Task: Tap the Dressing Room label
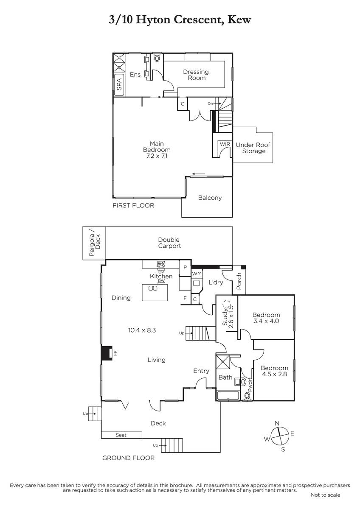click(196, 75)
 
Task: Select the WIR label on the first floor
click(225, 144)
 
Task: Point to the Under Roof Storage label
click(253, 148)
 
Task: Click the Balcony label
click(210, 198)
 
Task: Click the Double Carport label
click(169, 243)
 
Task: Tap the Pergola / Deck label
click(95, 243)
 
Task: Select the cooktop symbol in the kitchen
click(161, 264)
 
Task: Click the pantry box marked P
click(185, 268)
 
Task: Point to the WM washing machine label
click(197, 274)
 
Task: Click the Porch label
click(239, 281)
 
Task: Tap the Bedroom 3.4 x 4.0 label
click(266, 318)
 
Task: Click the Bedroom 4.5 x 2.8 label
click(274, 371)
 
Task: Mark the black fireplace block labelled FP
click(107, 353)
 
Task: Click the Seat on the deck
click(121, 435)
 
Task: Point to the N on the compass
click(277, 423)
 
